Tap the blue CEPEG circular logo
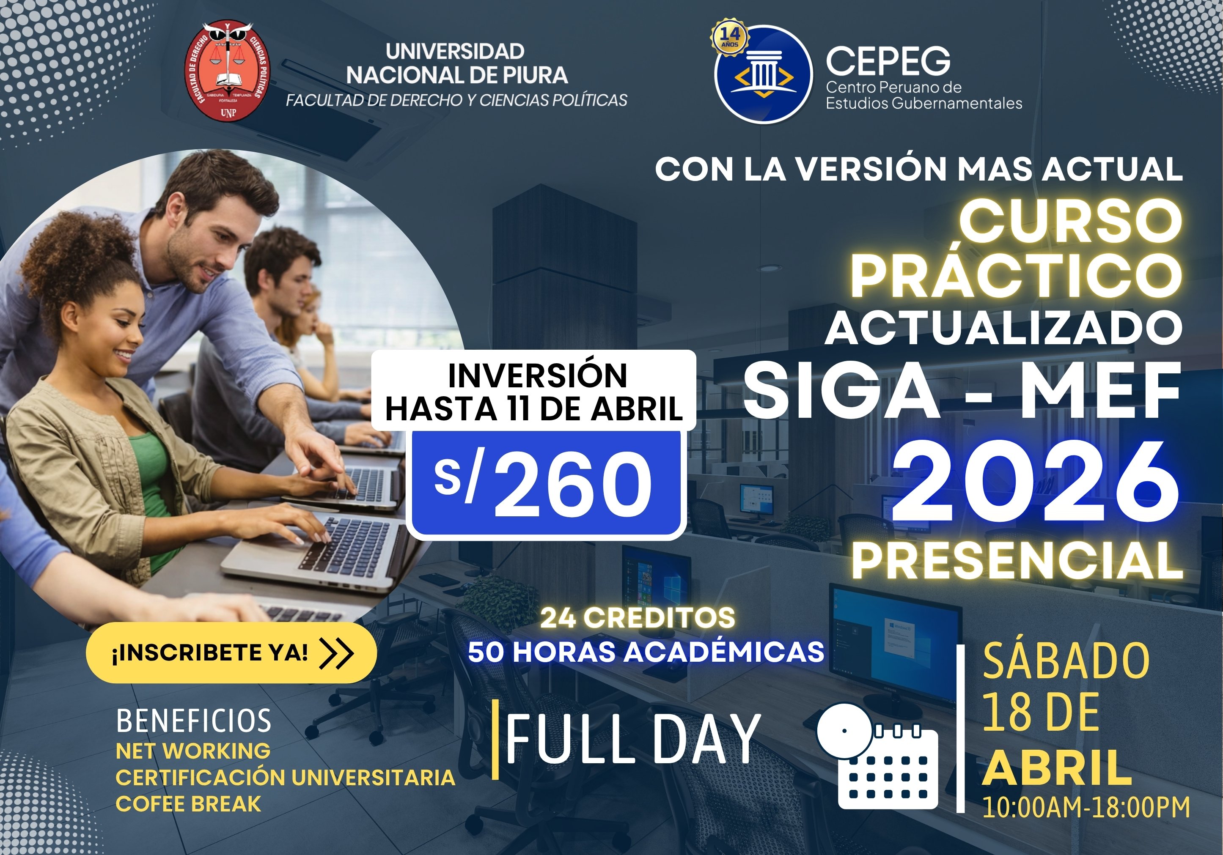(x=763, y=74)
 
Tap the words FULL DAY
(x=633, y=739)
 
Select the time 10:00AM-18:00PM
(x=1086, y=806)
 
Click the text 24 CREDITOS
(x=638, y=618)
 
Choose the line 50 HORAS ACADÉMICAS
(x=646, y=652)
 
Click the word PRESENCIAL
(x=1017, y=561)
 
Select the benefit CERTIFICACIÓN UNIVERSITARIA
(x=286, y=777)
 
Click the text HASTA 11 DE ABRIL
(x=534, y=409)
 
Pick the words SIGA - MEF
(x=962, y=391)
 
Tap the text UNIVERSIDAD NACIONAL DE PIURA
(x=456, y=63)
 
